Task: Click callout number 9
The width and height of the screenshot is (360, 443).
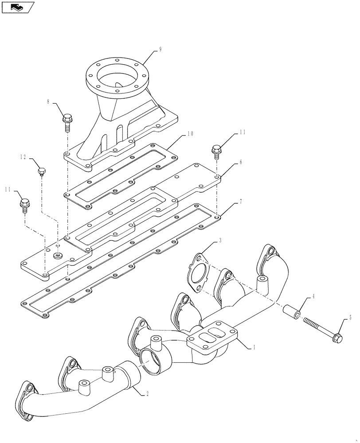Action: pos(160,50)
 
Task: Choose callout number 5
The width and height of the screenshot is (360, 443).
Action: pos(350,317)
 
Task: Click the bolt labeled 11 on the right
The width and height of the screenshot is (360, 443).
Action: pos(216,151)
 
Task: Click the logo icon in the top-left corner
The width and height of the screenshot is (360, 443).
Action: pos(18,7)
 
